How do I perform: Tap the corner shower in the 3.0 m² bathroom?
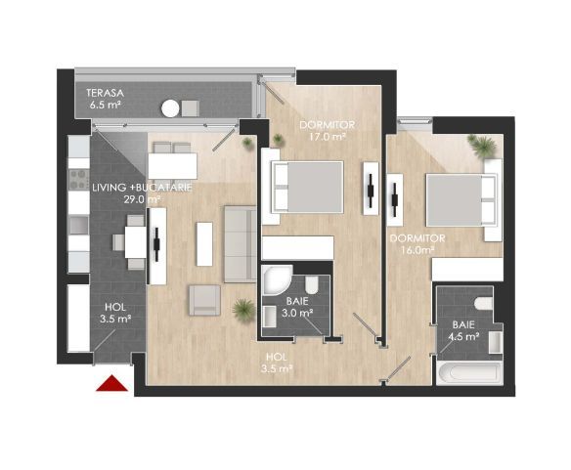[x=274, y=280]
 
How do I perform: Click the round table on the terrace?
[x=172, y=108]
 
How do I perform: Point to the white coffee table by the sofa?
[x=204, y=243]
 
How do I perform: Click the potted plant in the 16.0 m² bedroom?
[x=482, y=147]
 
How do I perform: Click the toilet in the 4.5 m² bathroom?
[x=481, y=298]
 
